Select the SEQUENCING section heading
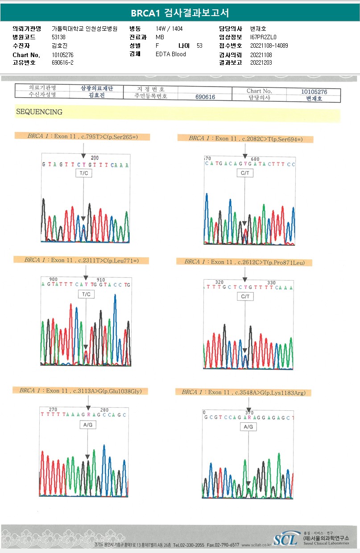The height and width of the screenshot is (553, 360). click(x=39, y=112)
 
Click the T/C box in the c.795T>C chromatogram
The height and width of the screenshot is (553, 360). click(x=83, y=173)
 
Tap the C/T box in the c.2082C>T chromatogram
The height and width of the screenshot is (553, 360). click(x=244, y=173)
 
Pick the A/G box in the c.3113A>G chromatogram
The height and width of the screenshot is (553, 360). click(x=88, y=425)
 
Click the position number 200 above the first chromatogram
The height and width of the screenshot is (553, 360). click(x=95, y=158)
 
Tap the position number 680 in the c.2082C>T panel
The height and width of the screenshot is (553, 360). click(x=255, y=159)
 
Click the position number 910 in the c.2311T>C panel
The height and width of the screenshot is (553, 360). click(x=101, y=280)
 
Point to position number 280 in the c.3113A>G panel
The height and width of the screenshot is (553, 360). click(x=104, y=409)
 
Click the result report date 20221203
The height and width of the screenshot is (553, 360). click(x=261, y=63)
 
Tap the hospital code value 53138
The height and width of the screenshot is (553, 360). click(x=58, y=37)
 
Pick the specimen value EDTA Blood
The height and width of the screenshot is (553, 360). click(x=171, y=54)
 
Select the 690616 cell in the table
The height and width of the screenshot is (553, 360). click(x=205, y=97)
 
